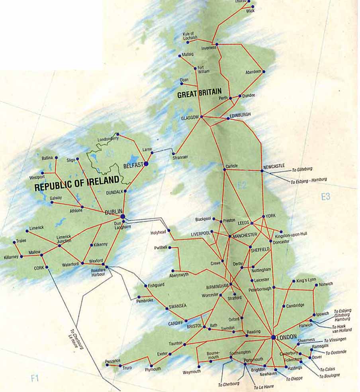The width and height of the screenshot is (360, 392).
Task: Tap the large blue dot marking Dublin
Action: (x=123, y=216)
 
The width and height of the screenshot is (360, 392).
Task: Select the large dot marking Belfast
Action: (x=146, y=163)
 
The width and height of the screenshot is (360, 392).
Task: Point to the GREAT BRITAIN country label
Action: (x=199, y=95)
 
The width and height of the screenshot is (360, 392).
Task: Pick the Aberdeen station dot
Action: (x=264, y=72)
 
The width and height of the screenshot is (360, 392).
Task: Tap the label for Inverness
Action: (x=209, y=48)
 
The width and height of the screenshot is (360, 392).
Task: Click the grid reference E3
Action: (x=325, y=196)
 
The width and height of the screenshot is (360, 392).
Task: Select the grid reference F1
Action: (x=35, y=378)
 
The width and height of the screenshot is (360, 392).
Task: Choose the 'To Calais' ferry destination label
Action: (x=327, y=369)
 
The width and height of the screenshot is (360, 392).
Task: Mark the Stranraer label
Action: (x=180, y=158)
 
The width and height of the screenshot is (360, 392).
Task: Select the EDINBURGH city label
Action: (x=240, y=114)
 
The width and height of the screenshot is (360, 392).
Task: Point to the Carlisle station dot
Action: (x=225, y=170)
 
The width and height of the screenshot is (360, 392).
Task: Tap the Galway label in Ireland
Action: (x=55, y=198)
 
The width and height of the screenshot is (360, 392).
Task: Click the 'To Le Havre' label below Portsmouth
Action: (x=264, y=387)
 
